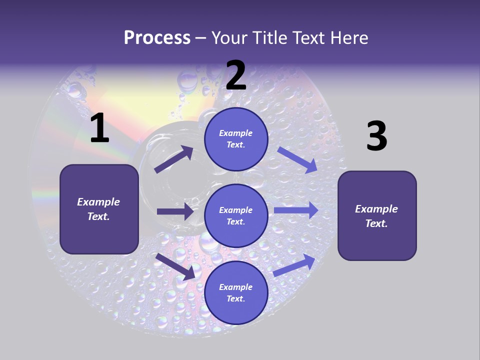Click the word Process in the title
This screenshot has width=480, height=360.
[x=157, y=37]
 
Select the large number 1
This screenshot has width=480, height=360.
[x=99, y=128]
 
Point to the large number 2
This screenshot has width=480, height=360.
[x=236, y=75]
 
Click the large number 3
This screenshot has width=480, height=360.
[x=376, y=136]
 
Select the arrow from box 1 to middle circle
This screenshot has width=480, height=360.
[x=175, y=211]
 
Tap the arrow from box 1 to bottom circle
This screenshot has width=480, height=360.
[x=175, y=266]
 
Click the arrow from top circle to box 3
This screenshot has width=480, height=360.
[x=297, y=160]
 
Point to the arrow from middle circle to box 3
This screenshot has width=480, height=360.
[x=296, y=210]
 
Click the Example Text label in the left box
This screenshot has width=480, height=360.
[x=98, y=209]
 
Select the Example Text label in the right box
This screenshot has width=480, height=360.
[x=376, y=216]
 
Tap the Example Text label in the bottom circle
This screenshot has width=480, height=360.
[x=235, y=292]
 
